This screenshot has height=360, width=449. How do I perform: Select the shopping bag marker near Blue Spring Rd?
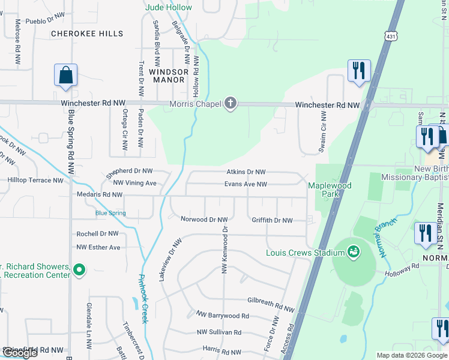click(65, 76)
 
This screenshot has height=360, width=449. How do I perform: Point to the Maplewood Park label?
click(330, 190)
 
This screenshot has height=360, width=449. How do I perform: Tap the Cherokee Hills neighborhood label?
click(87, 34)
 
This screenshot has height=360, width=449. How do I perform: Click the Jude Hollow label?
click(169, 7)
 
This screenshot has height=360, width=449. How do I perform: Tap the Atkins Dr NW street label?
click(246, 172)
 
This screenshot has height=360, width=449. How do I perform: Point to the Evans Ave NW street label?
click(246, 184)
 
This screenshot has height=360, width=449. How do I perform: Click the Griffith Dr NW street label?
click(272, 220)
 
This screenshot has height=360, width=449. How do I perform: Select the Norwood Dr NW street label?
click(204, 220)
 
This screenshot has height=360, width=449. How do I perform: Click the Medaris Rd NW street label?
click(100, 194)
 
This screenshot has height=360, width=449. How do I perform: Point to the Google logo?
click(20, 353)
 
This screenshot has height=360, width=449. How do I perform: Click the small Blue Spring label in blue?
click(110, 213)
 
